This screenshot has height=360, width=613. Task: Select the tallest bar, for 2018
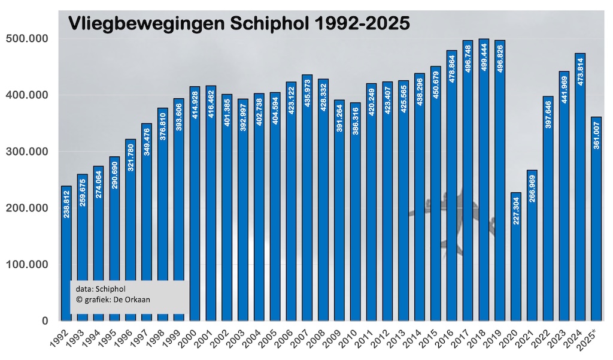tap(484, 180)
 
